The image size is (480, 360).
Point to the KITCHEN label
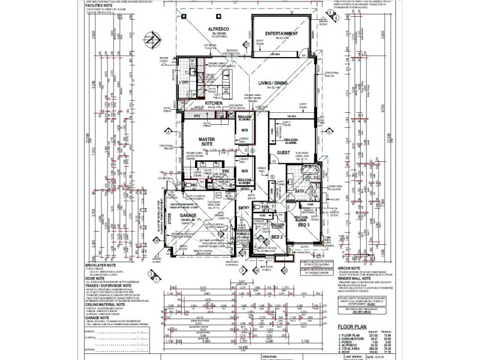215,104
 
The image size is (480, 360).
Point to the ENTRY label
244,208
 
